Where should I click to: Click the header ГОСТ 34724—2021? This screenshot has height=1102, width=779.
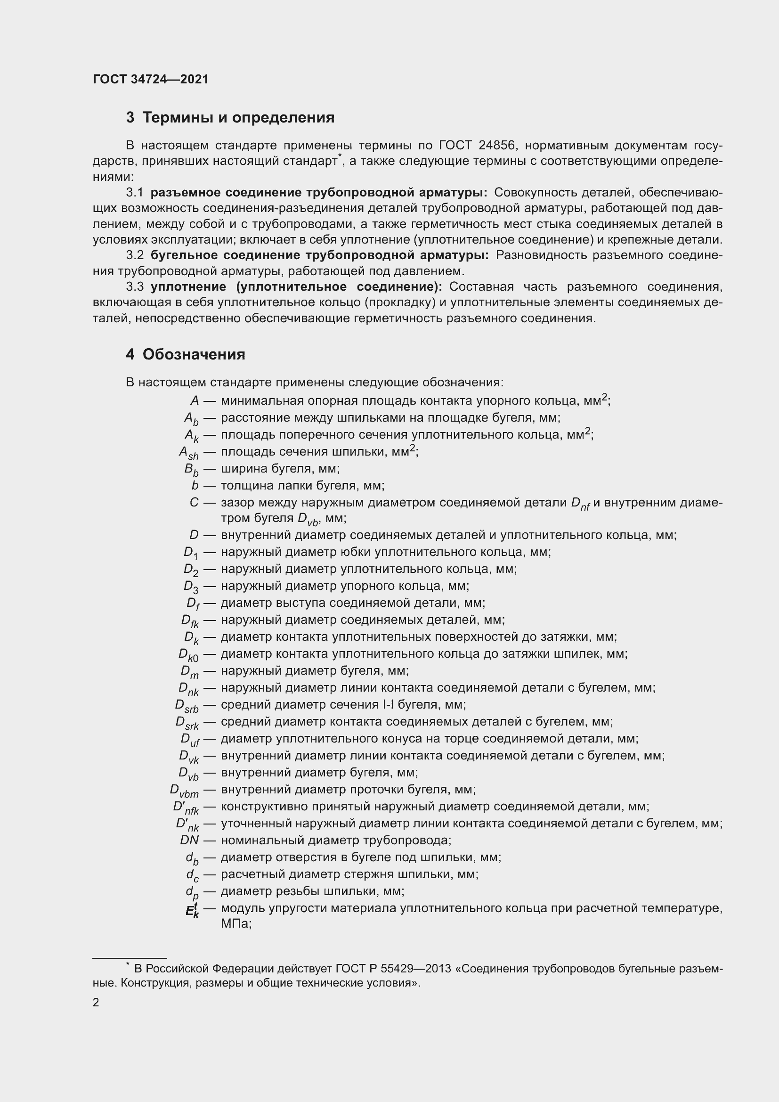click(151, 79)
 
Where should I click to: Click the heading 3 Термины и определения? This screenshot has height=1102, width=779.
click(230, 118)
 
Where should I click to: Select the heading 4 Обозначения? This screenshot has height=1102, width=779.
click(186, 354)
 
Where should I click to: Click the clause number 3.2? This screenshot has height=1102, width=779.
click(135, 255)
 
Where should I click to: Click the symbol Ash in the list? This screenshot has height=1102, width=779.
click(188, 453)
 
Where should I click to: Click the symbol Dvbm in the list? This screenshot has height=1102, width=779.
click(184, 791)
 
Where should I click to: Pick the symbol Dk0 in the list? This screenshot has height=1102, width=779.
click(188, 655)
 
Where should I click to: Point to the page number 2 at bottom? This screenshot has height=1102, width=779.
click(96, 1003)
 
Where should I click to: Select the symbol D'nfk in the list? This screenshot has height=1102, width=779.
click(186, 808)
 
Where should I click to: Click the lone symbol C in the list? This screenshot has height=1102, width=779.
click(194, 503)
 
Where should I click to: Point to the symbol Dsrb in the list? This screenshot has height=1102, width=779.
click(187, 706)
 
